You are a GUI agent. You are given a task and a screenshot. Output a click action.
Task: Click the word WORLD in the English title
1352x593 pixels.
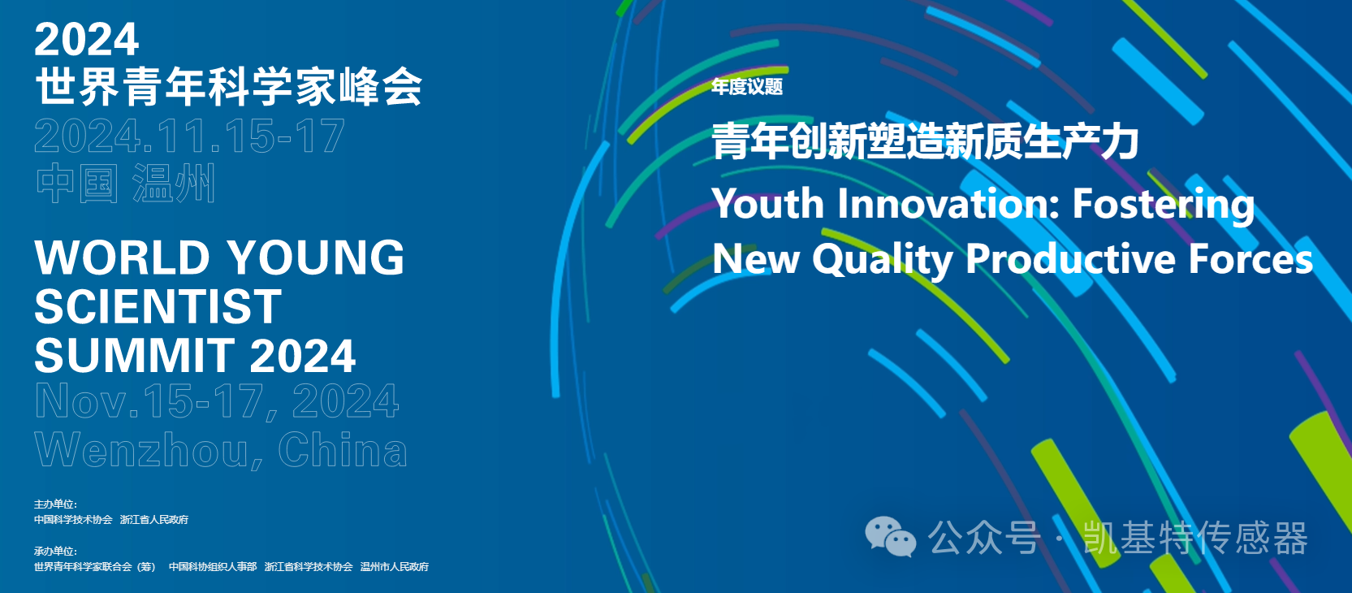tap(123, 258)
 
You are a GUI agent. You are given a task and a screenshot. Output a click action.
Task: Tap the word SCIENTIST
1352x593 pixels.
tap(158, 307)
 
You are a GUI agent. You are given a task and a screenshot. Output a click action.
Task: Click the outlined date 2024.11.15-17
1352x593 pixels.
tap(189, 136)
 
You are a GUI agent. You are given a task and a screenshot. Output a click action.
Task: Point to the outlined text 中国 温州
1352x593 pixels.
tap(126, 184)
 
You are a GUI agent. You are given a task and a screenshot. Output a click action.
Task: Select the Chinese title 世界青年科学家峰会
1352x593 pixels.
tap(228, 87)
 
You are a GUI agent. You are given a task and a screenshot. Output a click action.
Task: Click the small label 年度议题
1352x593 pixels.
tap(746, 87)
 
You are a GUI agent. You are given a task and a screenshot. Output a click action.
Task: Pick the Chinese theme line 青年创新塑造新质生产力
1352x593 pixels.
tap(925, 141)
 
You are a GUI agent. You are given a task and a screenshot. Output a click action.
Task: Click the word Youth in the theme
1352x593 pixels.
tap(768, 203)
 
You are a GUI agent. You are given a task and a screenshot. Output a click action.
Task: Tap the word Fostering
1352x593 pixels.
tap(1163, 205)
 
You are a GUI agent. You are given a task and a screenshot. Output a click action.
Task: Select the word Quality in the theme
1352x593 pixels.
tap(883, 260)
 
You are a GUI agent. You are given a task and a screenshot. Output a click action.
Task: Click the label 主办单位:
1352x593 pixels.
tap(55, 504)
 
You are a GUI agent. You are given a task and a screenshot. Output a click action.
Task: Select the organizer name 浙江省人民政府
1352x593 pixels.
tap(154, 520)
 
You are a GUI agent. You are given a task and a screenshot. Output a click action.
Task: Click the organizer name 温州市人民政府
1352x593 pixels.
tap(395, 567)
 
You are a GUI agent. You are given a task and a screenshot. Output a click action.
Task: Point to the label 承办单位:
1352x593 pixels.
tap(55, 552)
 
